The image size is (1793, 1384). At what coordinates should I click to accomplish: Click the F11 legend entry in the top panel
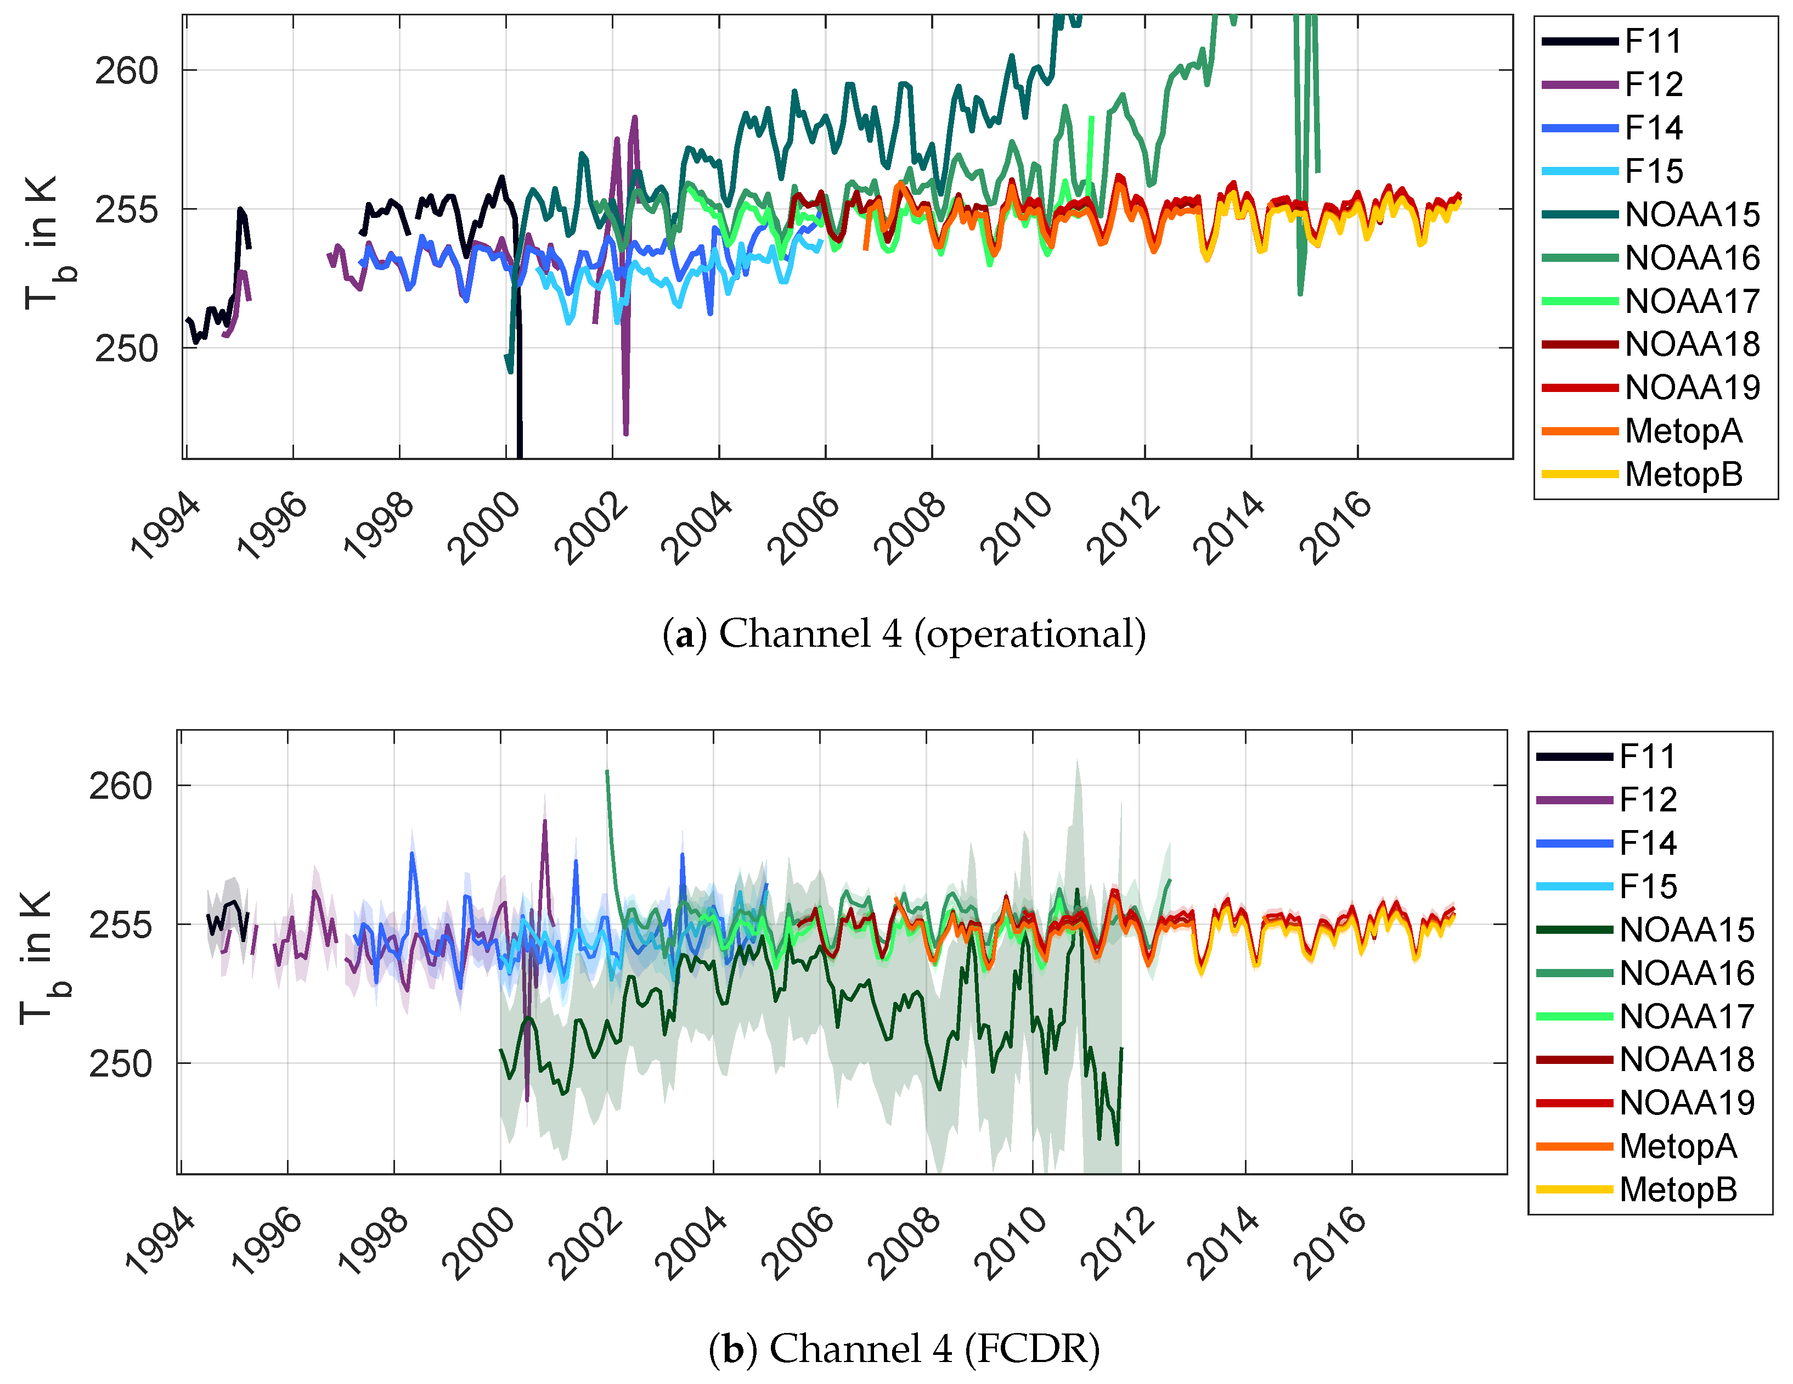[x=1653, y=41]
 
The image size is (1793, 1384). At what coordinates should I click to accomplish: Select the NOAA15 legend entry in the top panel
[x=1691, y=214]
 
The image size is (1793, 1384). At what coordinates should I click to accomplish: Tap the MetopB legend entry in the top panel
[x=1683, y=474]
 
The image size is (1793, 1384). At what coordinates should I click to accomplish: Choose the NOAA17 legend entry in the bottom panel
[x=1686, y=1016]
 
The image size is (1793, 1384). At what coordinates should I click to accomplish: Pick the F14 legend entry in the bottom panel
[x=1647, y=843]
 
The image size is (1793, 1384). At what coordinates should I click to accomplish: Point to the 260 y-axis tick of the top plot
[x=126, y=71]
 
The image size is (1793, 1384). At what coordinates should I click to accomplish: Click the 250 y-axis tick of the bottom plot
[x=121, y=1064]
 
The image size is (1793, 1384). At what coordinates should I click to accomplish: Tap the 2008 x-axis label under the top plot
[x=910, y=528]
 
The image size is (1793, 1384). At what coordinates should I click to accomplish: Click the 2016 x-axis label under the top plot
[x=1336, y=528]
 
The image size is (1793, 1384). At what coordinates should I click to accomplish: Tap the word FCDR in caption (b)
[x=1038, y=1349]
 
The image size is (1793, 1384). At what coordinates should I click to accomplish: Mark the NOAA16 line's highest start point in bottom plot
[x=607, y=770]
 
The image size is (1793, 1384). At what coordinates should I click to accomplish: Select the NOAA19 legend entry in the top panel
[x=1691, y=388]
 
